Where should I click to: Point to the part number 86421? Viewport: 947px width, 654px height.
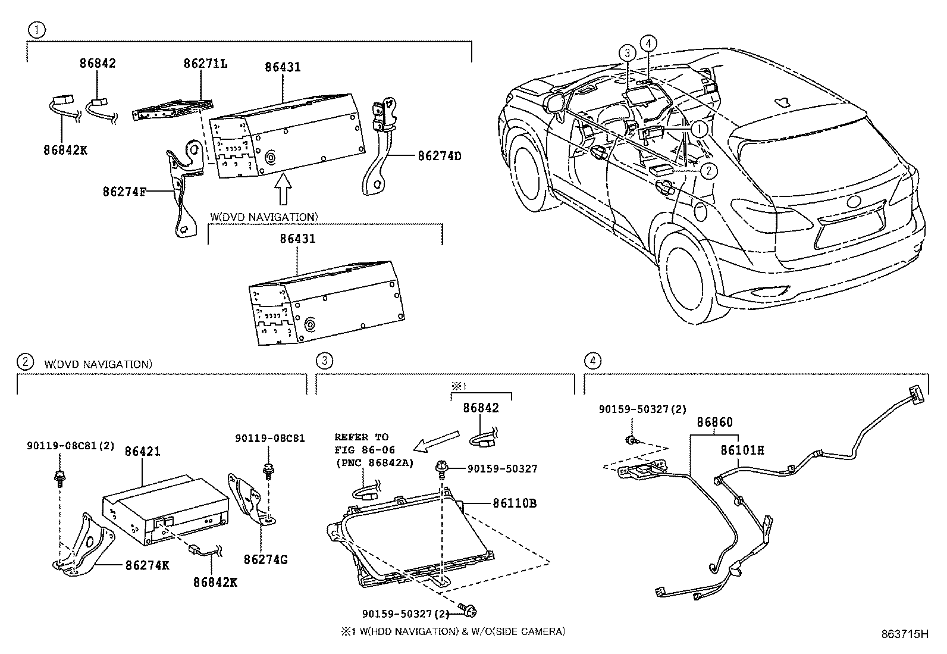click(142, 452)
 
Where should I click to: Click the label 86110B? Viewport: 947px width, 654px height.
click(515, 503)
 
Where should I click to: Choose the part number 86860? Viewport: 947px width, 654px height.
click(714, 422)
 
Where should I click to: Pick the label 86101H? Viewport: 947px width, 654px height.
click(742, 450)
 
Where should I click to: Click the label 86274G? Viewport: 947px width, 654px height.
click(265, 560)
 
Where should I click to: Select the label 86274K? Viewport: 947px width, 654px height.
click(147, 565)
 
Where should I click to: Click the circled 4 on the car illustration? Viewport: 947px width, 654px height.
click(648, 43)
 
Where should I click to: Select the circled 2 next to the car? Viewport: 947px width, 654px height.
click(708, 171)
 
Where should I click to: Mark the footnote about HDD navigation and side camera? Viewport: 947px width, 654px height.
click(453, 631)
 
